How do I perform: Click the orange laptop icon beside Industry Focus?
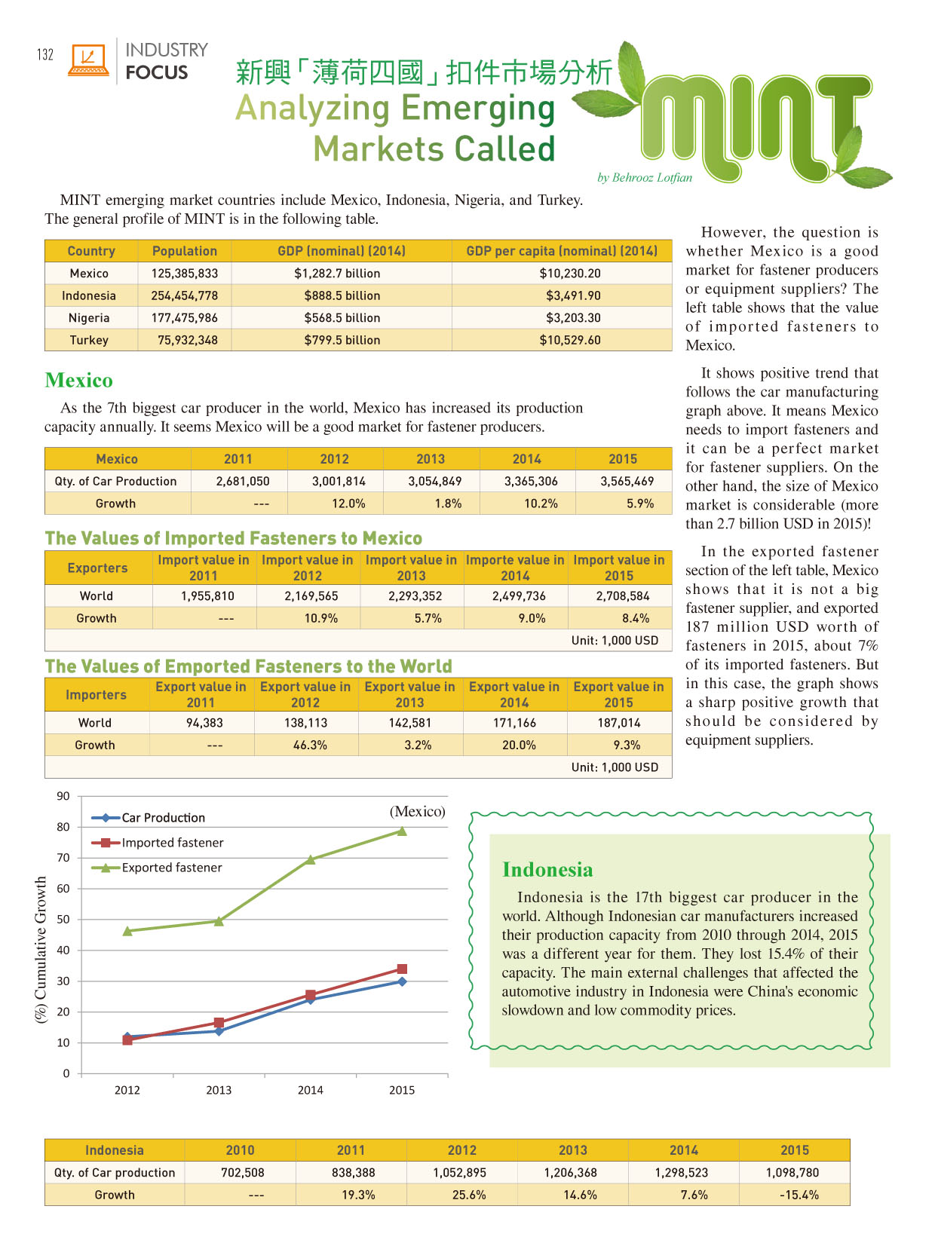(88, 60)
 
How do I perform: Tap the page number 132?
(45, 54)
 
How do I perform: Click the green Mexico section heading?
(78, 380)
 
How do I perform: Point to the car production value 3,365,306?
(526, 481)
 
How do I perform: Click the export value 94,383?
(204, 722)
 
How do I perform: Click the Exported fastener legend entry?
(171, 868)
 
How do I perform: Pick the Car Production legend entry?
(163, 818)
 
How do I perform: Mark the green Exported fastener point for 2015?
(402, 831)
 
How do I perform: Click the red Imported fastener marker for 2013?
(219, 1022)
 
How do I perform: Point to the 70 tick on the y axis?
(63, 858)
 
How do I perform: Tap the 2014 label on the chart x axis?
(310, 1090)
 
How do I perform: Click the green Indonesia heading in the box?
(547, 870)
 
